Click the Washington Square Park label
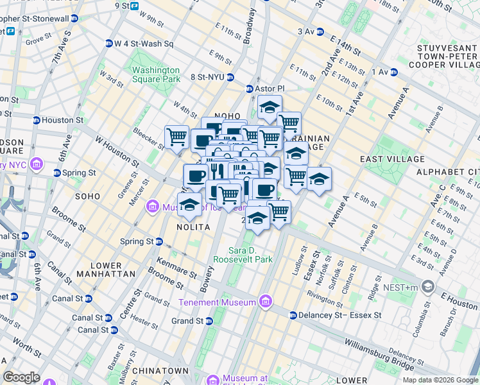coord(156,74)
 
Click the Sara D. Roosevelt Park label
coord(251,255)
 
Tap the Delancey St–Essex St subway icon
coord(293,315)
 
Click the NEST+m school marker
coord(427,286)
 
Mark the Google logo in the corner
coord(21,377)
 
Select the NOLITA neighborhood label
coord(191,227)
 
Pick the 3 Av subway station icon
coord(320,31)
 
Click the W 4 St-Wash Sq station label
coord(144,44)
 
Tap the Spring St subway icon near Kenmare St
coord(159,241)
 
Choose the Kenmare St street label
coord(176,268)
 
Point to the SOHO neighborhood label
coord(87,196)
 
